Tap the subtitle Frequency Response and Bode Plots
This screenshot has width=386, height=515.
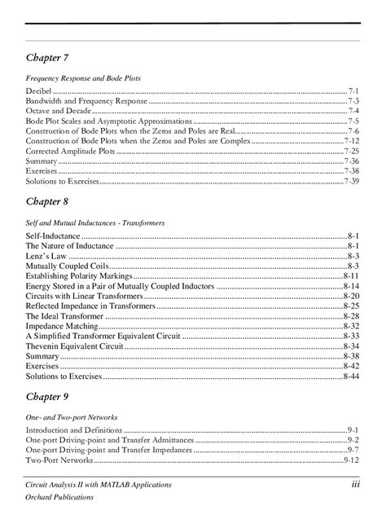[83, 77]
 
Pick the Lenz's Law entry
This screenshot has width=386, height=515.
[50, 255]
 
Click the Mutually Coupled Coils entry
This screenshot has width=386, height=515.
[67, 266]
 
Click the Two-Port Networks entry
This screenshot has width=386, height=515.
[59, 460]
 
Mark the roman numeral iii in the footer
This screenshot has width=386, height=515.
[355, 485]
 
